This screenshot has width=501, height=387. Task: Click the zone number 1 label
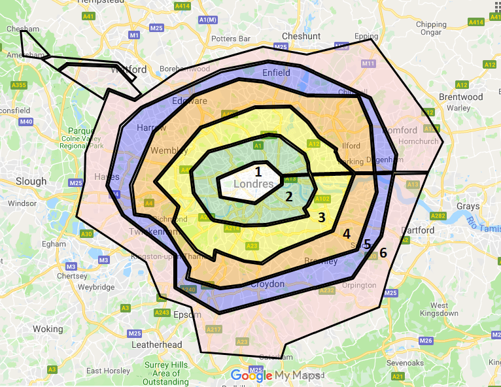[258, 172]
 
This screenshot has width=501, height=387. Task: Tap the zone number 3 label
[321, 218]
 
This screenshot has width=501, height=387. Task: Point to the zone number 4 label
[347, 234]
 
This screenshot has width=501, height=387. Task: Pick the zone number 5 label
[367, 244]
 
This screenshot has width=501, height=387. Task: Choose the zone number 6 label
[383, 252]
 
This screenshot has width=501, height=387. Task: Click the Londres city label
[253, 185]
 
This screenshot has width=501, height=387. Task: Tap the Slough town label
[31, 181]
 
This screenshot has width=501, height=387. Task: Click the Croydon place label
[268, 284]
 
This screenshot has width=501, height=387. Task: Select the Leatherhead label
[156, 345]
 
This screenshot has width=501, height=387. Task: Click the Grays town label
[468, 206]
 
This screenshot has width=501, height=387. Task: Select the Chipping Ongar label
[431, 28]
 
